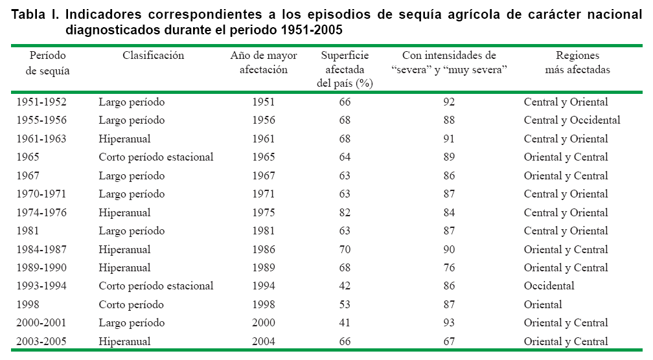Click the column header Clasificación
click(x=154, y=56)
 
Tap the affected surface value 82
click(x=345, y=212)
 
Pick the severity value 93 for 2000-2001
click(x=449, y=323)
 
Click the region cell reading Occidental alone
click(x=549, y=286)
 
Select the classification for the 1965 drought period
click(x=156, y=157)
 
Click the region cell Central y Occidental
click(x=572, y=120)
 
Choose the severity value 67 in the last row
click(x=449, y=341)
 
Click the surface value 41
click(x=345, y=323)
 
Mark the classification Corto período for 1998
click(x=132, y=304)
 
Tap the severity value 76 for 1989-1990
click(x=449, y=267)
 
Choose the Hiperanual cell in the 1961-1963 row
click(x=125, y=139)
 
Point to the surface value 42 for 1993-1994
click(x=345, y=286)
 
